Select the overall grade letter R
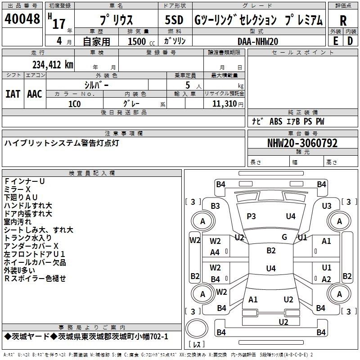click(343, 20)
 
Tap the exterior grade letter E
click(335, 40)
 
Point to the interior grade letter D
click(350, 40)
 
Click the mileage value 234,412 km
click(53, 65)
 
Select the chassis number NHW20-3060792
click(302, 143)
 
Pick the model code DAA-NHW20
click(258, 41)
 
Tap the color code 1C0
click(74, 103)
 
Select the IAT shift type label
click(13, 94)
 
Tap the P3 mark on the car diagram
click(251, 216)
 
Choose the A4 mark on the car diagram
click(215, 252)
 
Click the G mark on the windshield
click(284, 237)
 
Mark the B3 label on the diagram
click(215, 206)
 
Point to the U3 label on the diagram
click(327, 206)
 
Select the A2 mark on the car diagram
click(327, 279)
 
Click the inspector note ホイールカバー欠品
click(35, 262)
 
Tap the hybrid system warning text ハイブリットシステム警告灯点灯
click(62, 143)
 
